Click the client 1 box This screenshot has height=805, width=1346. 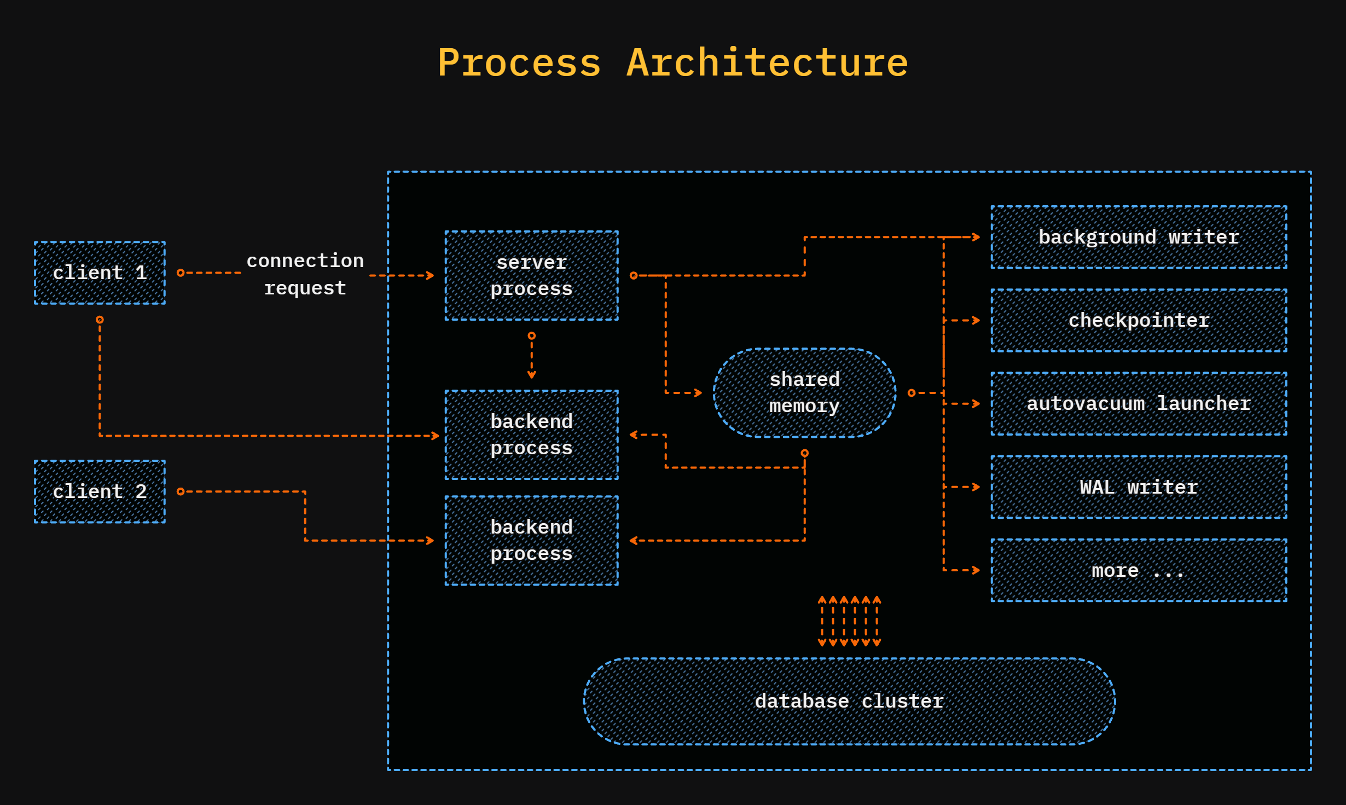click(100, 273)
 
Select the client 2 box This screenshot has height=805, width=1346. click(100, 491)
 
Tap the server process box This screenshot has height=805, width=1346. click(531, 275)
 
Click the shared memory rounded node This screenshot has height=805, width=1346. click(804, 392)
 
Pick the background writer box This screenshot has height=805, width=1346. click(1138, 237)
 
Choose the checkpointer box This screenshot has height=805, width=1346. click(1138, 320)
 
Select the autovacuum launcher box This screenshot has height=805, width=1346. click(1138, 403)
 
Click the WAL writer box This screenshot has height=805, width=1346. click(1138, 487)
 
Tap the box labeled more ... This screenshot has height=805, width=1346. click(1138, 570)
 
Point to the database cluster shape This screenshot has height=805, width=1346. click(849, 701)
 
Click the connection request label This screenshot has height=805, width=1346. click(305, 274)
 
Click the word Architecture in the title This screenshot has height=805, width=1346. click(767, 63)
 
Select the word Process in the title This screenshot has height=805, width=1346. click(519, 63)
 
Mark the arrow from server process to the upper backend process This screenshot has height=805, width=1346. click(531, 357)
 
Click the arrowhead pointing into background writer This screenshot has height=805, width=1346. click(976, 237)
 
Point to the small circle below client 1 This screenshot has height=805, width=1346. click(100, 320)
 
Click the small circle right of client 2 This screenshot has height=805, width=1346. click(181, 491)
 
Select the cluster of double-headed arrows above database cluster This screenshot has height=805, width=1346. click(849, 621)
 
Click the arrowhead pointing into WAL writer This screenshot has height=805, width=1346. click(976, 487)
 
